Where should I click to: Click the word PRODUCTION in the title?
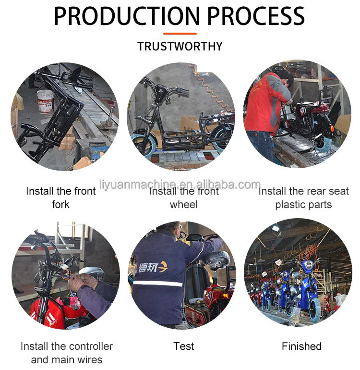point(127,16)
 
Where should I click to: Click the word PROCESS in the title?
point(256,16)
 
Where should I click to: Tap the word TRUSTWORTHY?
point(180,46)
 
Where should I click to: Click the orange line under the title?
point(180,34)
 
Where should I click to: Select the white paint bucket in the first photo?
point(46,101)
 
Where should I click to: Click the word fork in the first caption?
point(60,204)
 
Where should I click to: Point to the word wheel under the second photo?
point(184,204)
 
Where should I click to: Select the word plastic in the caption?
point(290,205)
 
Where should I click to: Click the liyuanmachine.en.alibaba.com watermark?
point(180,185)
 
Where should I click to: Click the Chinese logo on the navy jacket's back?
point(153,267)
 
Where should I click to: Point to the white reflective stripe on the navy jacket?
point(157,283)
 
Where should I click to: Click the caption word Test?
point(184,346)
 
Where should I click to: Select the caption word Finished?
point(301,346)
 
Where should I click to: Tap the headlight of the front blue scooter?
point(308,265)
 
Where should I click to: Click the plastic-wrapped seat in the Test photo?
point(216,259)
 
